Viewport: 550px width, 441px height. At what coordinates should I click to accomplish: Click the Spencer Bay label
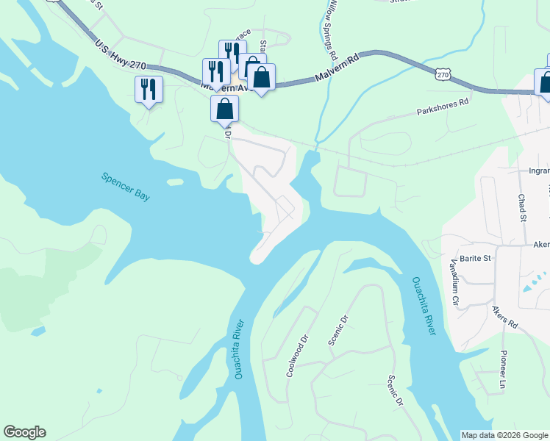coord(125,187)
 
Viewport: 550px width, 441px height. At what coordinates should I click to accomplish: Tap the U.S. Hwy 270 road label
coord(121,56)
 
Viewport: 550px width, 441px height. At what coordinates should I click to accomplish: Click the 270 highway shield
coord(441,74)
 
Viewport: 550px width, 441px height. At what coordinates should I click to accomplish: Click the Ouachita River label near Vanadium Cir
coord(424,306)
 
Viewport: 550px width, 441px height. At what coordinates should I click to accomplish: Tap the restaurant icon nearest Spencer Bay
coord(149,89)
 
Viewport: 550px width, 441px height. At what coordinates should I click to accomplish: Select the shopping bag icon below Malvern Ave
coord(225,109)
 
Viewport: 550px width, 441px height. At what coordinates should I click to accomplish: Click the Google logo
coord(24,432)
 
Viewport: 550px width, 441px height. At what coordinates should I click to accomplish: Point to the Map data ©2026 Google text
coord(504,435)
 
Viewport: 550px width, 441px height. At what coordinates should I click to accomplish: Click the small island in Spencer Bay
coord(175,182)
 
